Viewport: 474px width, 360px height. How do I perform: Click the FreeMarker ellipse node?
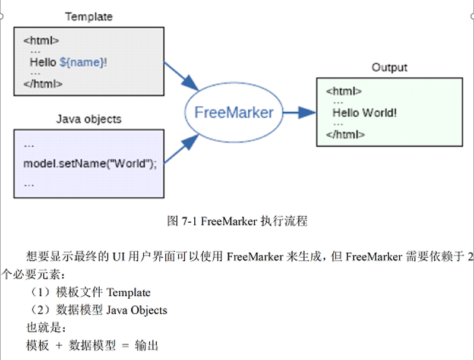233,112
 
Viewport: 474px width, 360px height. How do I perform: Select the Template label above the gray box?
89,17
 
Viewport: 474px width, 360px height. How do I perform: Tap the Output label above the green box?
389,67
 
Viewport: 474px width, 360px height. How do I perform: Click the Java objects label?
89,119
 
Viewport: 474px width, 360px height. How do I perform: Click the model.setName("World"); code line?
90,163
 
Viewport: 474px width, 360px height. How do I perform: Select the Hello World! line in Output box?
364,113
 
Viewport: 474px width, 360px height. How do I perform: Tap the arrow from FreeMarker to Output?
299,112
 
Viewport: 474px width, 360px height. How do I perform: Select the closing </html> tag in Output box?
345,135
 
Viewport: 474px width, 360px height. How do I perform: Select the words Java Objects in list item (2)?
137,310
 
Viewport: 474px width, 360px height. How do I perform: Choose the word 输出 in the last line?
147,346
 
